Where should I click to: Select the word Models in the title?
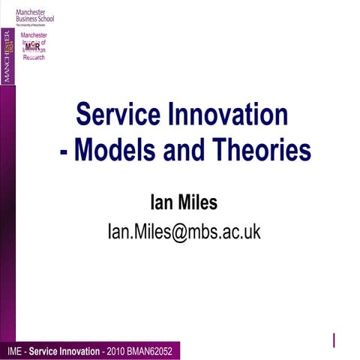point(120,151)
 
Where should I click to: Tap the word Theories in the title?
point(262,151)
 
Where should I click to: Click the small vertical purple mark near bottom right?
point(334,340)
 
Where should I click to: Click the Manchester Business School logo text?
point(40,13)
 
